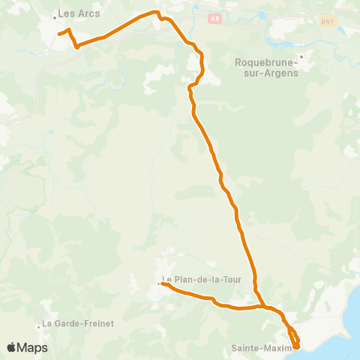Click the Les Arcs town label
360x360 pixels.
(79, 13)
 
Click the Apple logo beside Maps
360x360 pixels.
(13, 348)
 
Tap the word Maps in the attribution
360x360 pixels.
(33, 348)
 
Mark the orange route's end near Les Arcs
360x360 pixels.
(59, 34)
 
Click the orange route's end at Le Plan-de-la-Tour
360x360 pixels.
(163, 283)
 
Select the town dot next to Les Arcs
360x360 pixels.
(55, 16)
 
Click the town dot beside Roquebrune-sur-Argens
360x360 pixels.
(301, 56)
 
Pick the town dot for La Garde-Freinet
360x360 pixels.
(39, 325)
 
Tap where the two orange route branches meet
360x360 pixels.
(262, 305)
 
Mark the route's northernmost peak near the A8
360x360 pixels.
(155, 12)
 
